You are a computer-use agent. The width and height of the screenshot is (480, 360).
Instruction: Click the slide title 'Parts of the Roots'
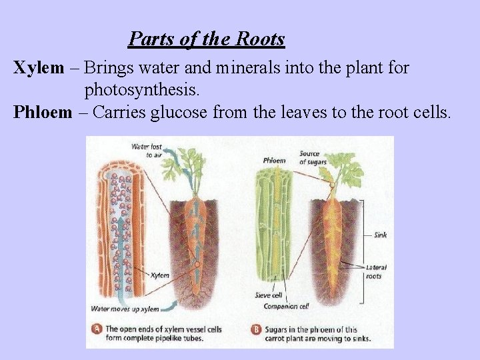[207, 39]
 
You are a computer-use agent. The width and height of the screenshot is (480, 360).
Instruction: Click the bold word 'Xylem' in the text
[39, 67]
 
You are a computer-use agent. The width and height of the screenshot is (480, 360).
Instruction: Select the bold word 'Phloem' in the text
[42, 111]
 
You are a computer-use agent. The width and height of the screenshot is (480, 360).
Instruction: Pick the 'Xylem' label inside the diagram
[160, 274]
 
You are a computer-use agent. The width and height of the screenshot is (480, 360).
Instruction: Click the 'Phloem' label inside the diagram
[274, 160]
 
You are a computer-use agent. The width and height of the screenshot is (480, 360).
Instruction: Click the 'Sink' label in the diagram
[380, 235]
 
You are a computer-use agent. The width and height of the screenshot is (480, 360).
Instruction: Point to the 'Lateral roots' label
[376, 271]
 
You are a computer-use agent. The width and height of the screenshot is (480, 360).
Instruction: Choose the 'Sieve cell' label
[267, 295]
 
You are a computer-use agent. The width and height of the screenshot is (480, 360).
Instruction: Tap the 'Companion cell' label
[285, 307]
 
